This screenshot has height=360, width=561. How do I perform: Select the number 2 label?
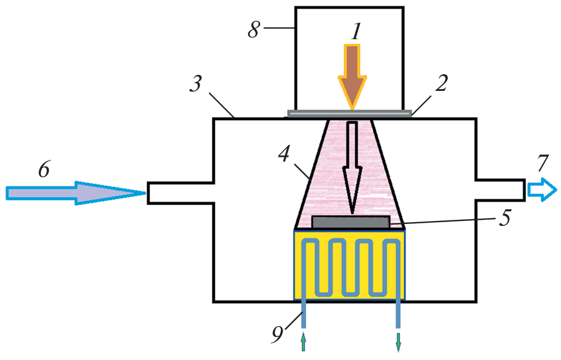[440, 85]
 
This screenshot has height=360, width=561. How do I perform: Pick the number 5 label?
[504, 219]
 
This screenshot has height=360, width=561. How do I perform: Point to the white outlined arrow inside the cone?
[353, 166]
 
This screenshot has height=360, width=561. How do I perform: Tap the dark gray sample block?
[351, 222]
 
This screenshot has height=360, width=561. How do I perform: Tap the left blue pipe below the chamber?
[304, 314]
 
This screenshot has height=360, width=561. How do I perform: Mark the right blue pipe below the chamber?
[398, 314]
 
